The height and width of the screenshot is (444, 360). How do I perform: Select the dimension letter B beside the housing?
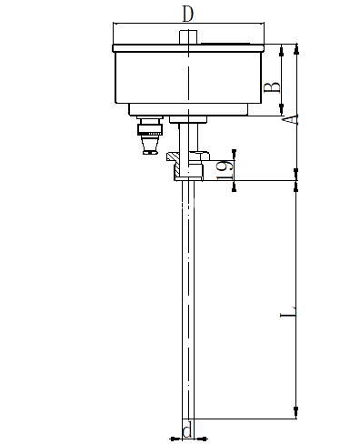tap(270, 88)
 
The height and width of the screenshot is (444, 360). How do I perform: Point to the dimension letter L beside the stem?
tap(288, 316)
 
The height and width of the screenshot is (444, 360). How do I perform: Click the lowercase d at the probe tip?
tap(187, 431)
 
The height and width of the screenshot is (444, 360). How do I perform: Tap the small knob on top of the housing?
tap(188, 37)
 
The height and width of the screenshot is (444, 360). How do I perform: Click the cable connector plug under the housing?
tap(149, 136)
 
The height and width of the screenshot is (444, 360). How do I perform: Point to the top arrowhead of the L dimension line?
tap(295, 185)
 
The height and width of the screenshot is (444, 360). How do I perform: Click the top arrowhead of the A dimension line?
tap(295, 46)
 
